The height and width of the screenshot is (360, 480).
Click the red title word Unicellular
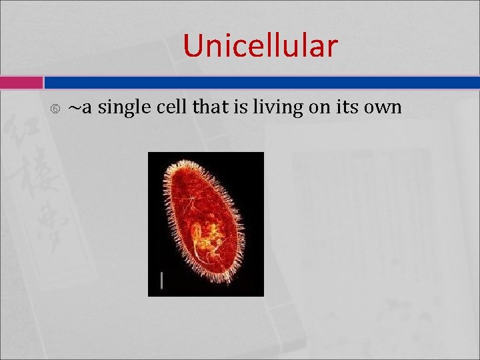[x=260, y=46]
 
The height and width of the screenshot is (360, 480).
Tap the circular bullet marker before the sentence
[x=55, y=108]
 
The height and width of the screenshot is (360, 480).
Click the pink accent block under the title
[x=21, y=83]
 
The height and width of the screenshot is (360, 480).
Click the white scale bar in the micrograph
[x=161, y=281]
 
